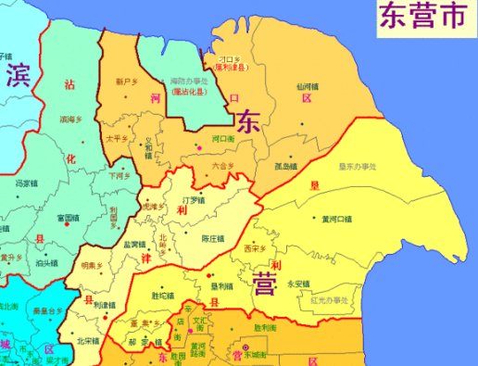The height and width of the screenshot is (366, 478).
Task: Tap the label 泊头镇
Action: (x=46, y=262)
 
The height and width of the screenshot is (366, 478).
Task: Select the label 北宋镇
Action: (x=88, y=340)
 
